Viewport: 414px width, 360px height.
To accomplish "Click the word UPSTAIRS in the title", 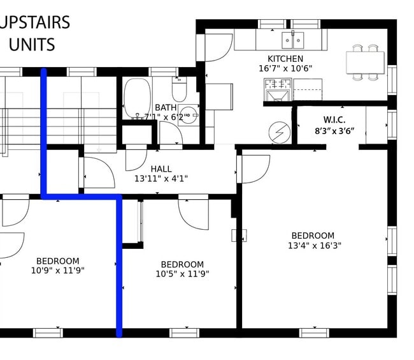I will (34, 22).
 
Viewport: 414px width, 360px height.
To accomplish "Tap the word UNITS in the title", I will (32, 45).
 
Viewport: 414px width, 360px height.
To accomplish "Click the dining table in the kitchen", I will (366, 63).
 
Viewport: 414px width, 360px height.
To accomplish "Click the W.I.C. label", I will (334, 120).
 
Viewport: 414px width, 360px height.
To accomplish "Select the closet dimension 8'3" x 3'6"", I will (334, 130).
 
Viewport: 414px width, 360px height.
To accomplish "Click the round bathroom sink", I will (188, 117).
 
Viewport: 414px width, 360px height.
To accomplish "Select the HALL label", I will (161, 169).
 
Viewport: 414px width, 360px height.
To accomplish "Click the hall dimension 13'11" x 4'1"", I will (161, 179).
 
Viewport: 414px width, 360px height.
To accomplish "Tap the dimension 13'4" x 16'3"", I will (315, 246).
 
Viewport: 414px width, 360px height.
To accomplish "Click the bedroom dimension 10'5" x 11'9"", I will (182, 274).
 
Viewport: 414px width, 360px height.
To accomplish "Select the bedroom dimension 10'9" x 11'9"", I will (57, 270).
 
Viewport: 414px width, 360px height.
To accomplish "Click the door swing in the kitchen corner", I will (217, 47).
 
